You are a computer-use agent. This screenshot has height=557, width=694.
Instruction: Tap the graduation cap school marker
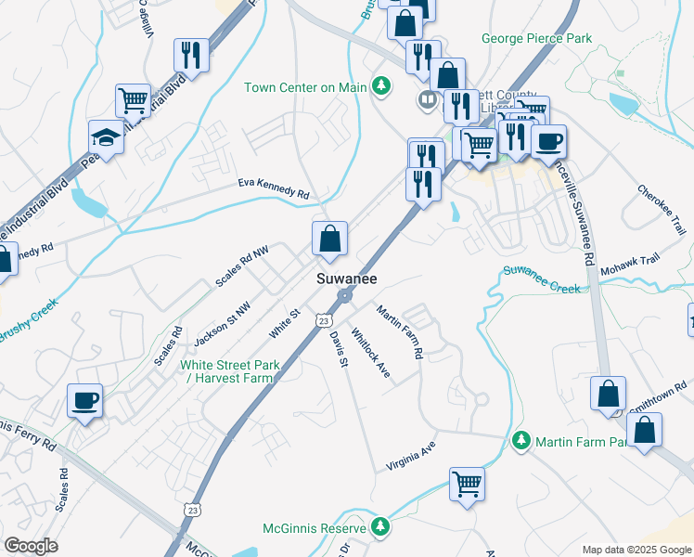(107, 137)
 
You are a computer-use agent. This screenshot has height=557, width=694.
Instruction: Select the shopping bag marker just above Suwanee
(329, 240)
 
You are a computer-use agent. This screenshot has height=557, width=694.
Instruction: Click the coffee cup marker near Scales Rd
(85, 401)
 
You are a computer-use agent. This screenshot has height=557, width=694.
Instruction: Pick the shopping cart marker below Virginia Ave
(467, 483)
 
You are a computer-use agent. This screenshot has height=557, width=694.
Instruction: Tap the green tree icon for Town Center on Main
(379, 87)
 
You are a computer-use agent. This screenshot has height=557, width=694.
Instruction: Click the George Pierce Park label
(536, 39)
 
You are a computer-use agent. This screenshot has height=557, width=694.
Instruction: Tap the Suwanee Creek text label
(542, 279)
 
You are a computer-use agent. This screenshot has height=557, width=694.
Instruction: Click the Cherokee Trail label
(661, 209)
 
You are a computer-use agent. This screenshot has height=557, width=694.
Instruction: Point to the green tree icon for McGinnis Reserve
(379, 527)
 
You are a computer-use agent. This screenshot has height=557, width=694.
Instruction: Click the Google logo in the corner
(31, 546)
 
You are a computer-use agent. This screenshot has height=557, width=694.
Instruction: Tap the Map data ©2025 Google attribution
(636, 550)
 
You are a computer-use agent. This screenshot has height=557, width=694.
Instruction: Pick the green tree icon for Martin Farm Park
(522, 439)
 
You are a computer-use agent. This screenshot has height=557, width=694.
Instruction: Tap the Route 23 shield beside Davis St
(323, 319)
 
